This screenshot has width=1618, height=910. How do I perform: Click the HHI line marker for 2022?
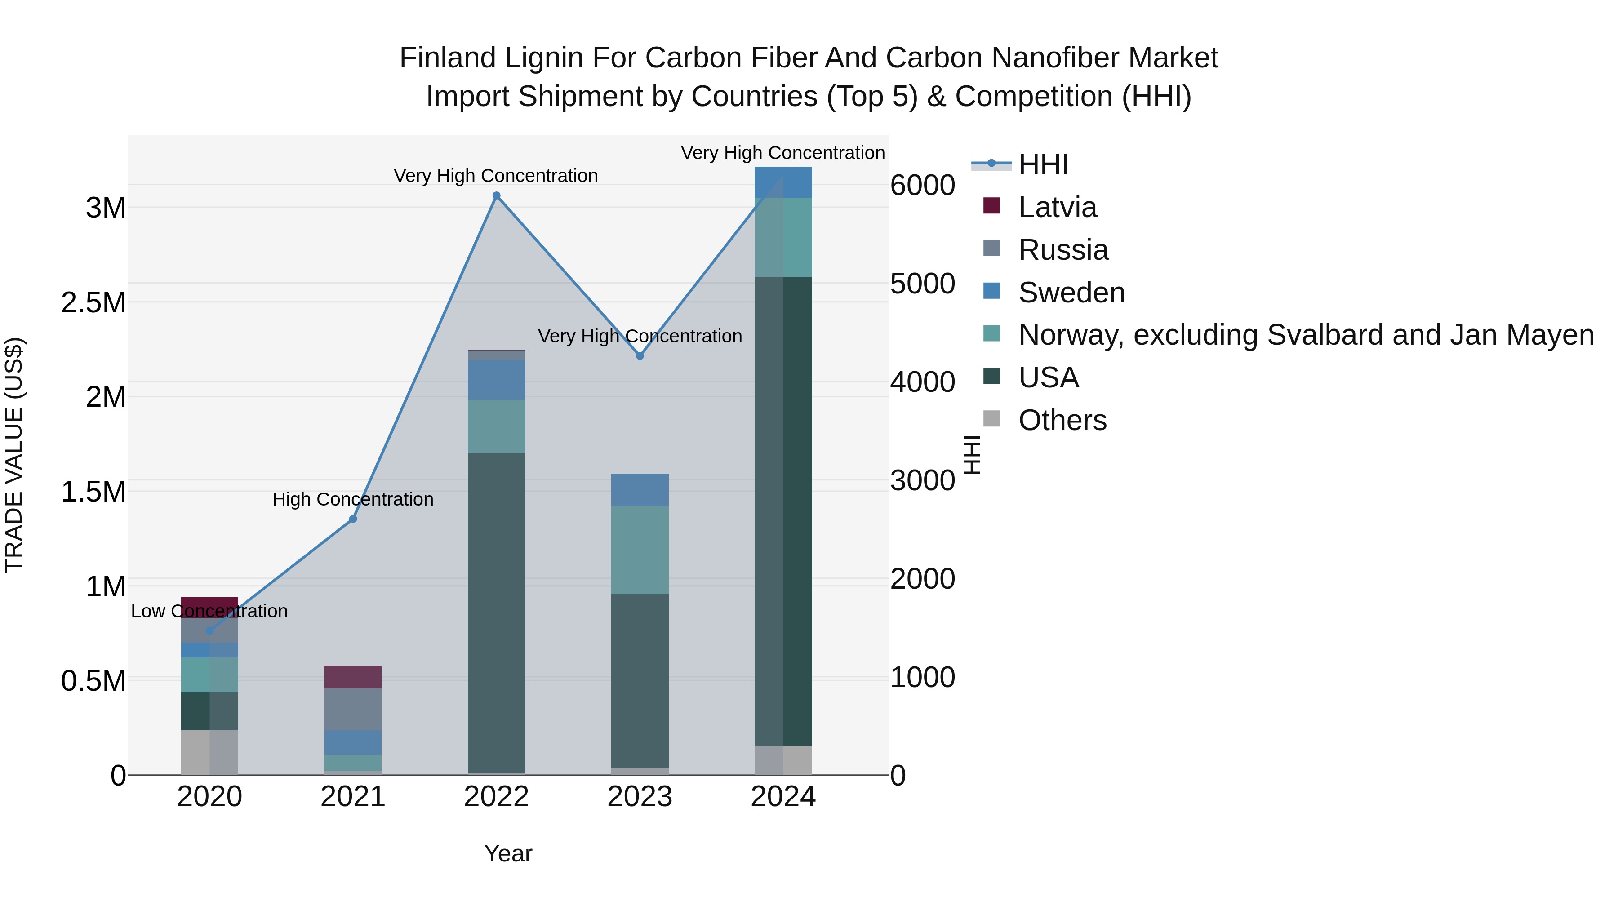coord(496,196)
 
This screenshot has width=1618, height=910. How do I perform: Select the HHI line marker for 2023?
coord(640,356)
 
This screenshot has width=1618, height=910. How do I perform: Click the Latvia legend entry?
coord(1057,207)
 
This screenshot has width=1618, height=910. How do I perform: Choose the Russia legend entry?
coord(1063,250)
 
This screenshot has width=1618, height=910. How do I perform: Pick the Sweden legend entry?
coord(1071,293)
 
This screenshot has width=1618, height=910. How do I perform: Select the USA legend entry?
coord(1048,377)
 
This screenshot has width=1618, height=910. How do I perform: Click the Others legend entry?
coord(1062,420)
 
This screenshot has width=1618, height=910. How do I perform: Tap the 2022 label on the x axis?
coord(496,797)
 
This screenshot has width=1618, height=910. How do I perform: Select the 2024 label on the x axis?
coord(783,797)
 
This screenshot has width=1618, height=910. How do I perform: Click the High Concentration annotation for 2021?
coord(353,499)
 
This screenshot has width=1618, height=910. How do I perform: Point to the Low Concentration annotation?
coord(209,611)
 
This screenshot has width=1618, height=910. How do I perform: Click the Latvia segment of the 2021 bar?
coord(353,677)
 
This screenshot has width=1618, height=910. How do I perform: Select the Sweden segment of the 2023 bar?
coord(640,490)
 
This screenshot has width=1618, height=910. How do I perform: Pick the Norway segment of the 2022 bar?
coord(496,426)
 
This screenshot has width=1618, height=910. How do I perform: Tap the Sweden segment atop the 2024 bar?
coord(783,182)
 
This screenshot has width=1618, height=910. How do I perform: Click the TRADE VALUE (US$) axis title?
coord(14,455)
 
